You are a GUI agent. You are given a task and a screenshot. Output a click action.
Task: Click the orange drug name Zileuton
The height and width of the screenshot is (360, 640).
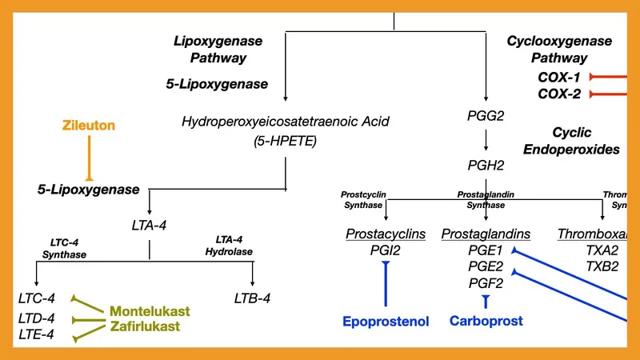pyautogui.click(x=90, y=126)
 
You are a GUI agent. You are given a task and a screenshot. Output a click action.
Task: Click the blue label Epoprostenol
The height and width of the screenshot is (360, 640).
pyautogui.click(x=386, y=322)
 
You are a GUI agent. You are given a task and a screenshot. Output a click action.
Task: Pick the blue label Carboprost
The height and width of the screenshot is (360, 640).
pyautogui.click(x=486, y=321)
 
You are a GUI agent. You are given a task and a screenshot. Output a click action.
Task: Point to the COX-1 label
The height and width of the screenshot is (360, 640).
pyautogui.click(x=560, y=77)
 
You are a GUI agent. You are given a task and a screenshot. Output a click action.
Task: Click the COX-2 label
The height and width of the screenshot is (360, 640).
pyautogui.click(x=560, y=94)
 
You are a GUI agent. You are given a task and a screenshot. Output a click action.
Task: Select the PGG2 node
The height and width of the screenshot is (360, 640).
pyautogui.click(x=486, y=116)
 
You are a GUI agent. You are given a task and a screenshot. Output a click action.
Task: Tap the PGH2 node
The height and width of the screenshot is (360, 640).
pyautogui.click(x=486, y=166)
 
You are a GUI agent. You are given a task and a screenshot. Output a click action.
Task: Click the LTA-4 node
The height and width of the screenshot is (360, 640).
pyautogui.click(x=150, y=226)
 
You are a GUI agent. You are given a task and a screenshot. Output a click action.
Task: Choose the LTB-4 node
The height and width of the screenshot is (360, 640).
pyautogui.click(x=255, y=298)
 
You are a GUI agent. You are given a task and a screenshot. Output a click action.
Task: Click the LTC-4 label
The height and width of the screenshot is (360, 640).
pyautogui.click(x=36, y=298)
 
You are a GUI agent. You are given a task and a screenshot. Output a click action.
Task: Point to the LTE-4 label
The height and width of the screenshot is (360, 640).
pyautogui.click(x=36, y=334)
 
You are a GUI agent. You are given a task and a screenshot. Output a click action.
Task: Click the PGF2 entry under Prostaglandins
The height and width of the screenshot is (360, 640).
pyautogui.click(x=486, y=283)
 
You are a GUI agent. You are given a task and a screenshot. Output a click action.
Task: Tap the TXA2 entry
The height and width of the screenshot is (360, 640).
pyautogui.click(x=602, y=250)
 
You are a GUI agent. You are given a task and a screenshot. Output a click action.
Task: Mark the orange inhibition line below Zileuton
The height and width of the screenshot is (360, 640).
pyautogui.click(x=90, y=157)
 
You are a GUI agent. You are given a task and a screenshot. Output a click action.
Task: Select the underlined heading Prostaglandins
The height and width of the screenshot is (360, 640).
pyautogui.click(x=486, y=234)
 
